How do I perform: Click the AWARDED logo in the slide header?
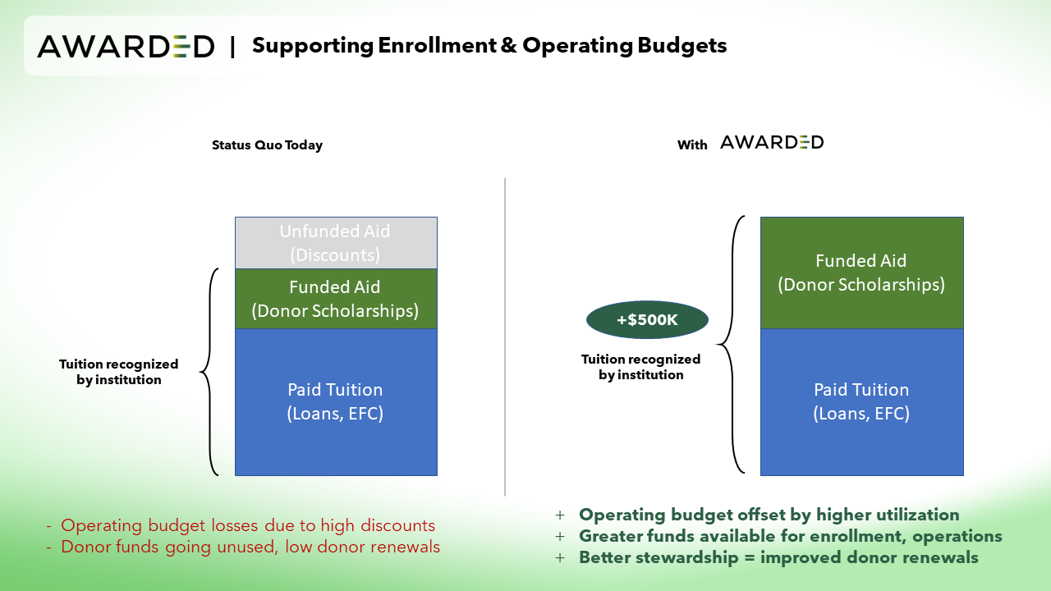[x=126, y=47]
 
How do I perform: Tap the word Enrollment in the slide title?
[x=437, y=45]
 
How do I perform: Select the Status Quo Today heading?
[x=267, y=145]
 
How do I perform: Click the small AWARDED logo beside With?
[x=772, y=142]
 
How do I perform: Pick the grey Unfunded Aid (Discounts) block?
[x=336, y=243]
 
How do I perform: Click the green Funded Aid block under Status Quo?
[x=336, y=299]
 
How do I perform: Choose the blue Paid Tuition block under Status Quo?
[x=336, y=402]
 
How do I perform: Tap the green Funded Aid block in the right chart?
[x=862, y=273]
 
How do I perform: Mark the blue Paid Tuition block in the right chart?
[x=862, y=402]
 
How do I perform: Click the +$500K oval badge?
[x=647, y=320]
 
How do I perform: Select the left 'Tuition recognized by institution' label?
[x=119, y=372]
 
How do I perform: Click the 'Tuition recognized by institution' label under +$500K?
[x=641, y=367]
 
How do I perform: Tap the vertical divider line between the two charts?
[x=505, y=337]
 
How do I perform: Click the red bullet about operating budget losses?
[x=241, y=525]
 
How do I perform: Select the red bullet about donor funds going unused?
[x=243, y=547]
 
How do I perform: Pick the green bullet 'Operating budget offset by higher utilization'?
[x=757, y=515]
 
